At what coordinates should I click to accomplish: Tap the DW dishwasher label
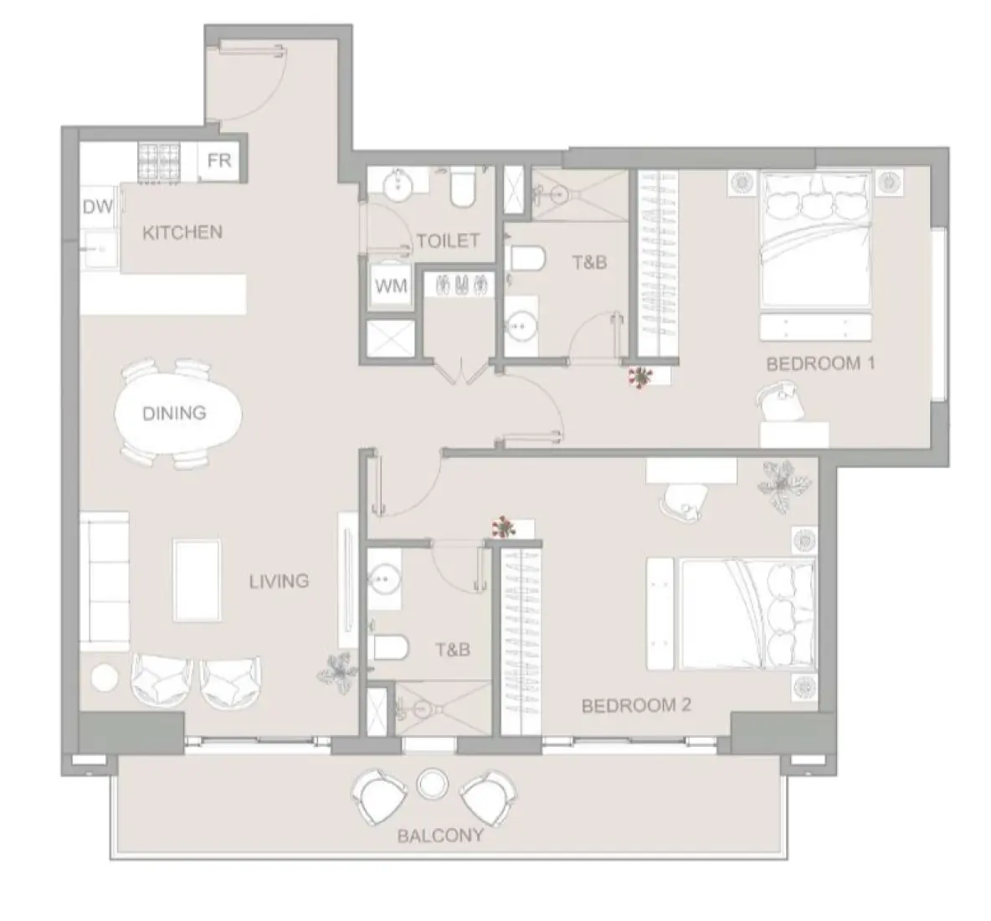click(x=98, y=207)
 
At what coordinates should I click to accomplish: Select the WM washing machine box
click(x=391, y=286)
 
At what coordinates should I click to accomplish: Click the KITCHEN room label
click(x=182, y=232)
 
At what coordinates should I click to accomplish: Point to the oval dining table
click(x=174, y=413)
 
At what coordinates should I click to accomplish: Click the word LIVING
click(x=279, y=580)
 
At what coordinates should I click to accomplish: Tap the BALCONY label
click(x=440, y=835)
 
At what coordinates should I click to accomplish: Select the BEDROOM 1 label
click(x=814, y=363)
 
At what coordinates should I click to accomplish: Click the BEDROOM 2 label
click(x=636, y=705)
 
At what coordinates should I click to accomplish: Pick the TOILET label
click(x=448, y=241)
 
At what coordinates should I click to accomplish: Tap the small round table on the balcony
click(x=432, y=784)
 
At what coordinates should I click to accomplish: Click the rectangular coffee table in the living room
click(x=198, y=580)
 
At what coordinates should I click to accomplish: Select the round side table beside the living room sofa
click(x=105, y=677)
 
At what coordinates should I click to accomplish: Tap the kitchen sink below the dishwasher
click(x=101, y=249)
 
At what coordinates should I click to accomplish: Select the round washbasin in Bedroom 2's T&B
click(x=386, y=578)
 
